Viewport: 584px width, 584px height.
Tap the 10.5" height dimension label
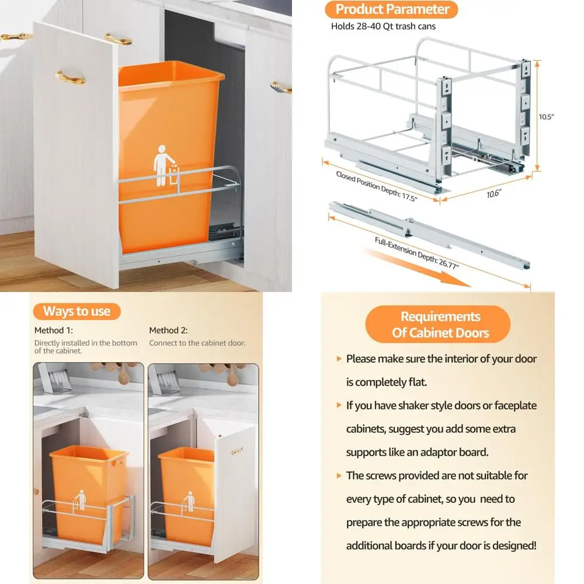tap(546, 117)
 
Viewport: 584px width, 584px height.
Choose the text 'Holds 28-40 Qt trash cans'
tap(383, 26)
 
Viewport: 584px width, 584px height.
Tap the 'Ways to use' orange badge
tap(77, 311)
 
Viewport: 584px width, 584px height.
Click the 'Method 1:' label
tap(54, 331)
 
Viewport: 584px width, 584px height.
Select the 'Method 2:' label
tap(168, 331)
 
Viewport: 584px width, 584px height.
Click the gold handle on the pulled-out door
tap(71, 77)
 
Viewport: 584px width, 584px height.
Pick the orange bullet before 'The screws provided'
tap(339, 475)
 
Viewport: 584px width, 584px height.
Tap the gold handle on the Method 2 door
tap(237, 451)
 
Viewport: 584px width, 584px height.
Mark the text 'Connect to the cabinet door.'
tap(197, 343)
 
